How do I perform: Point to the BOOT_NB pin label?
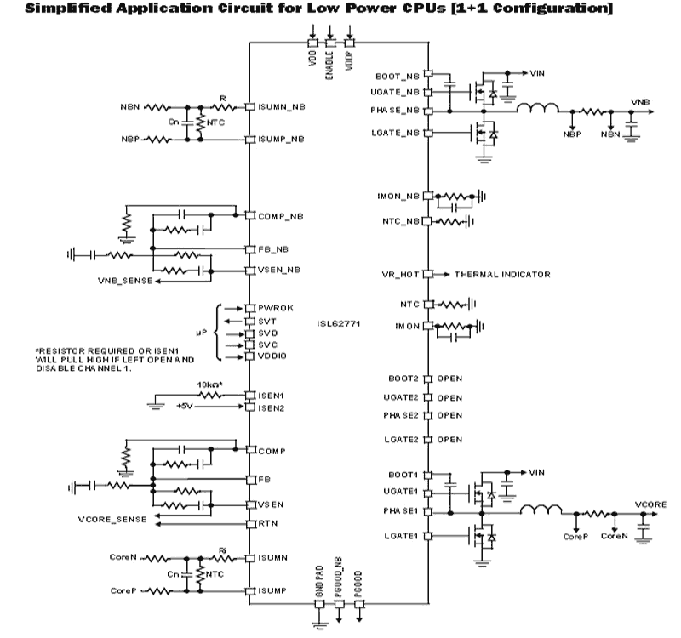pyautogui.click(x=398, y=75)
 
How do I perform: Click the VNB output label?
pyautogui.click(x=639, y=102)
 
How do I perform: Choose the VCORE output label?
pyautogui.click(x=651, y=504)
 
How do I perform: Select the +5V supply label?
pyautogui.click(x=186, y=407)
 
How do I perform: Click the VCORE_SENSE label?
pyautogui.click(x=112, y=518)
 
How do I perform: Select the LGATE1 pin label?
pyautogui.click(x=402, y=536)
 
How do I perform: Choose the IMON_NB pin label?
pyautogui.click(x=398, y=196)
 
